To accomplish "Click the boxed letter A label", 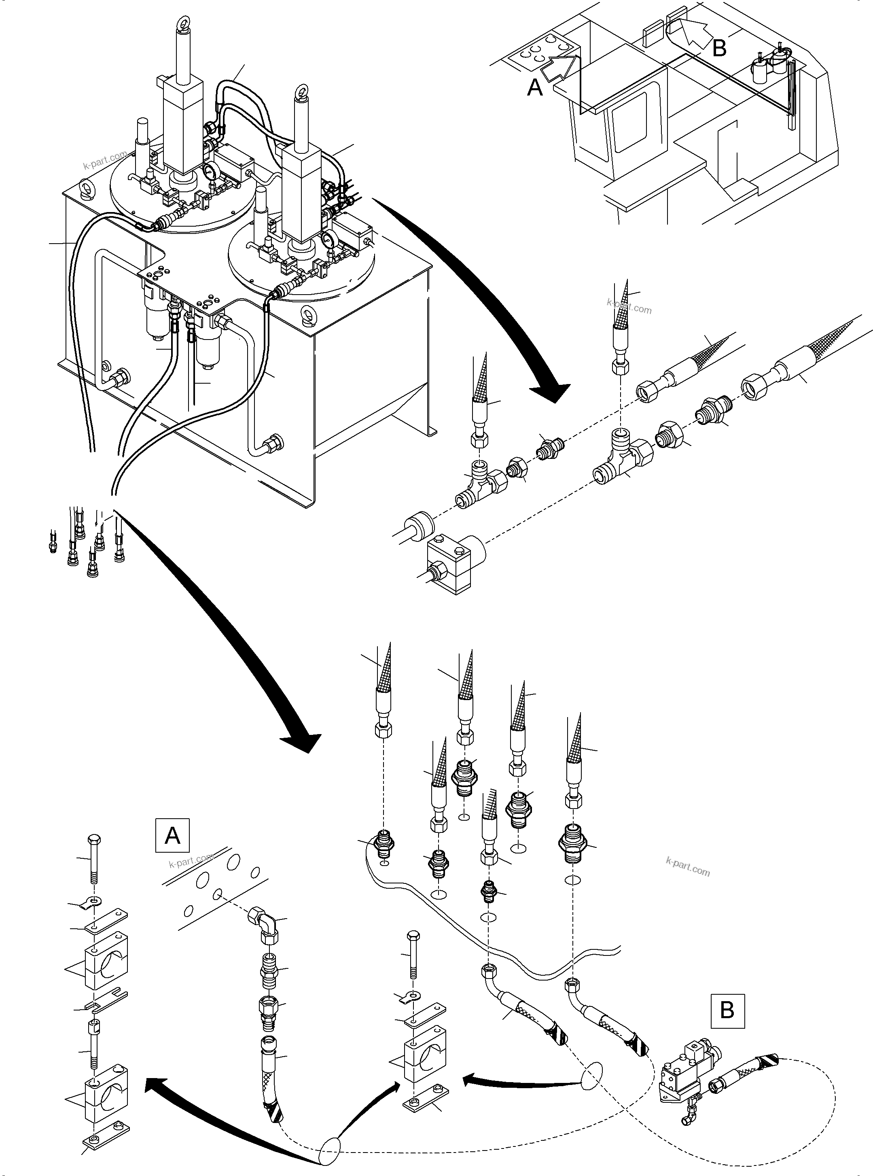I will (x=173, y=836).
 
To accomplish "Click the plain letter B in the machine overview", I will (x=719, y=48).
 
